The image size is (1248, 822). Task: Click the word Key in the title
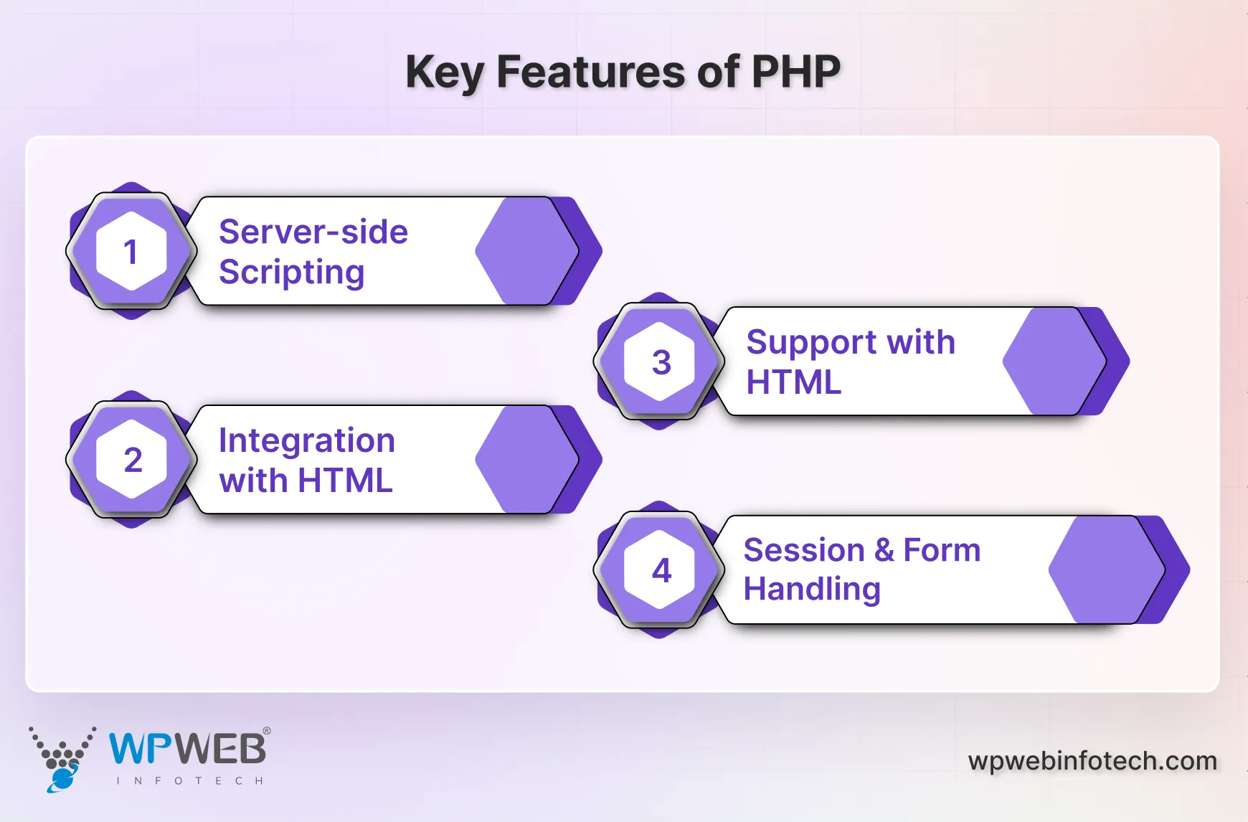(x=445, y=73)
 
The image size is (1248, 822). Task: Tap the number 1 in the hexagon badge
(x=131, y=252)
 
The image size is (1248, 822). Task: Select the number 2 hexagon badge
(x=132, y=460)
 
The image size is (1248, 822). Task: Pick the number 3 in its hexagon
(x=661, y=362)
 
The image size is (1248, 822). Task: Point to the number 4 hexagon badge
(x=661, y=570)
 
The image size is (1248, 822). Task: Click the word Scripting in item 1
(x=291, y=273)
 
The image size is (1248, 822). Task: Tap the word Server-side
(x=313, y=232)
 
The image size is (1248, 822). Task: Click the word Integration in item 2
(x=306, y=440)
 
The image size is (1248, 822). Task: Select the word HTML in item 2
(x=345, y=481)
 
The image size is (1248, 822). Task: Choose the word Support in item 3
(x=810, y=343)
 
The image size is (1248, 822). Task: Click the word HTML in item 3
(x=793, y=382)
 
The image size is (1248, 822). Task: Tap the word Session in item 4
(x=803, y=550)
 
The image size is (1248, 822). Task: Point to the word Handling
(x=811, y=590)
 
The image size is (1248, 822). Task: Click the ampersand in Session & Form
(x=884, y=550)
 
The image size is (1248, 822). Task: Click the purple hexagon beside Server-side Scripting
(x=527, y=251)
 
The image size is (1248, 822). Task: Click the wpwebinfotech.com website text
(x=1092, y=760)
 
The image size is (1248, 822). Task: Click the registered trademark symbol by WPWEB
(x=267, y=731)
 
